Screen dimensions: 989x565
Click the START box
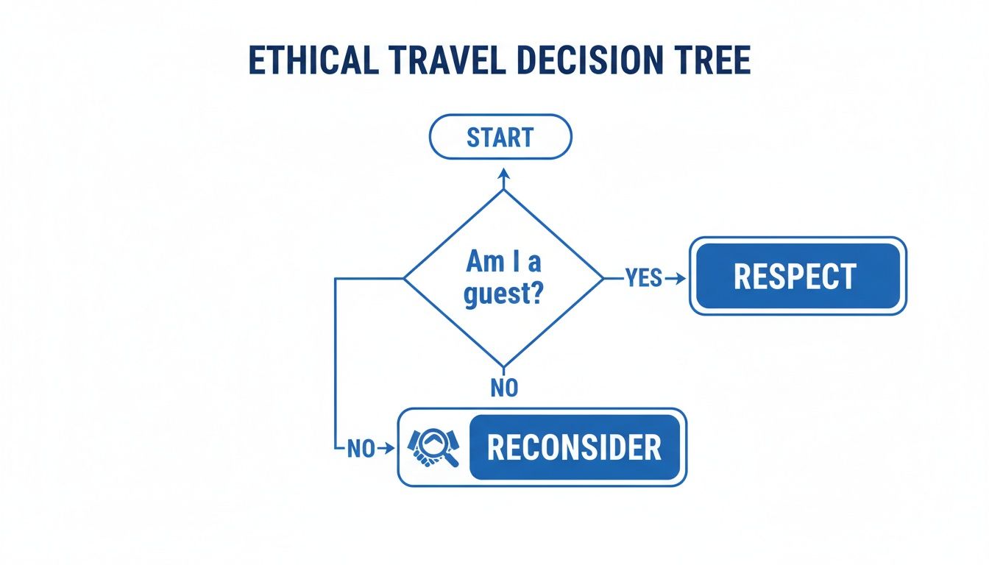500,137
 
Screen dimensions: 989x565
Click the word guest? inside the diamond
504,295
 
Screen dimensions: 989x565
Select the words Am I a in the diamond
504,262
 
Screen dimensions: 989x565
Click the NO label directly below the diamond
504,388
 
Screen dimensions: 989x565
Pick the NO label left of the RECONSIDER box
361,449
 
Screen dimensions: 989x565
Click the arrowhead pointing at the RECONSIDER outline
390,449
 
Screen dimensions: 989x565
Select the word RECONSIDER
574,447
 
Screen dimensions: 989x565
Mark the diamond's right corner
603,278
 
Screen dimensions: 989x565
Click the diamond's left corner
404,278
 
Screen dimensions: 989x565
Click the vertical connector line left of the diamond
336,360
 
